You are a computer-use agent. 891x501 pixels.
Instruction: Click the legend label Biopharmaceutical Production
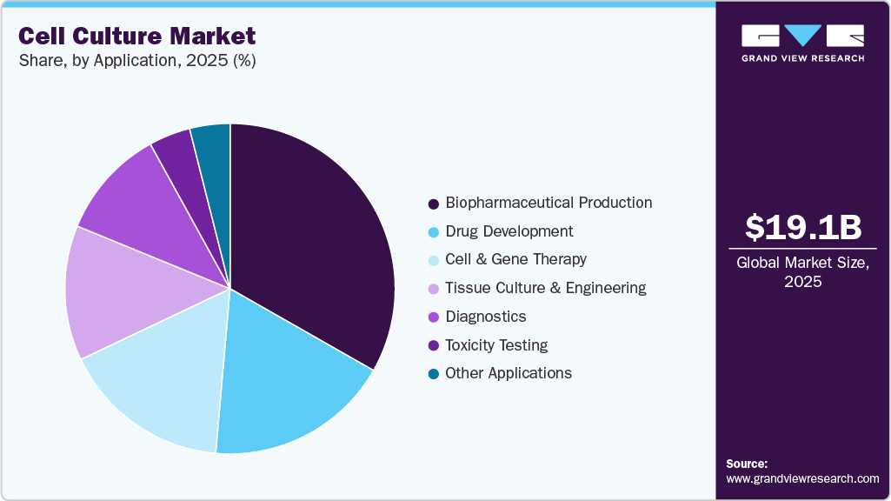pos(549,203)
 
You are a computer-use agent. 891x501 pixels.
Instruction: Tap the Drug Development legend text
pos(509,231)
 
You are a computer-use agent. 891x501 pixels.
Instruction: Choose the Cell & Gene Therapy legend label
pos(515,259)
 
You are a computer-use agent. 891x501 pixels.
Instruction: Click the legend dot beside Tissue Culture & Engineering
pos(433,289)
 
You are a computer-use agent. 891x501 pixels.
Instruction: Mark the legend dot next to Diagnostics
pos(433,317)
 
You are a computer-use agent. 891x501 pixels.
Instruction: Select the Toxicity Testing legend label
pos(496,345)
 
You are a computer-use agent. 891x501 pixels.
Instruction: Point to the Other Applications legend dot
pos(433,374)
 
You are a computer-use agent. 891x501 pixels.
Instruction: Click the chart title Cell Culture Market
pos(137,36)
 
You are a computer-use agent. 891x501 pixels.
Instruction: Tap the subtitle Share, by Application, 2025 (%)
pos(136,61)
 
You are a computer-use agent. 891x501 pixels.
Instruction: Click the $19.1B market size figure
pos(802,227)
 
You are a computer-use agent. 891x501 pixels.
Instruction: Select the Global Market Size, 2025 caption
pos(802,272)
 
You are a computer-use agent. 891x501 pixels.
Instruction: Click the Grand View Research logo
pos(802,43)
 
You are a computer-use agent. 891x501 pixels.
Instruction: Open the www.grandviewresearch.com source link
pos(802,478)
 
